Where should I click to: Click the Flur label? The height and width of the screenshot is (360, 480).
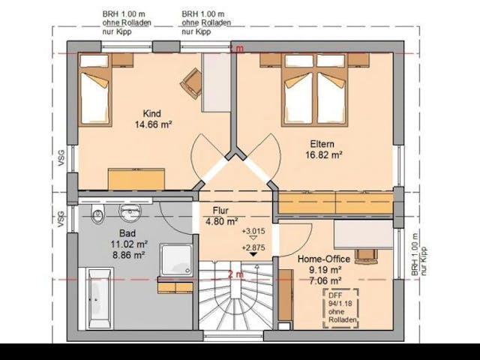(220, 211)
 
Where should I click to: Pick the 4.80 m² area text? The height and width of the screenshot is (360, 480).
(221, 221)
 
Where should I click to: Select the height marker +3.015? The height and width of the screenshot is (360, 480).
(253, 231)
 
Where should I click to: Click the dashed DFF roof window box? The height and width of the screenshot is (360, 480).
(340, 307)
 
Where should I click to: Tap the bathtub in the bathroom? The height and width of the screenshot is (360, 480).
(99, 298)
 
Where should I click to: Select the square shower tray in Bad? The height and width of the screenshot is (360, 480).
(176, 259)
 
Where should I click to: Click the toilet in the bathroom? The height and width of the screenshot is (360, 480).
(97, 217)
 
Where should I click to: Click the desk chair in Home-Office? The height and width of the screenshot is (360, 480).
(366, 254)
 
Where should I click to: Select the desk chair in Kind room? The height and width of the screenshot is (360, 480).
(192, 82)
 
